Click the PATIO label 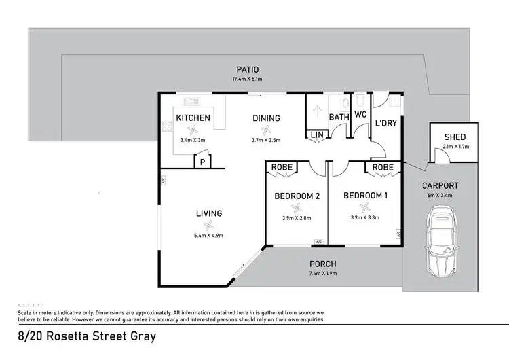248,69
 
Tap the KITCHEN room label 193,118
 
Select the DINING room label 266,118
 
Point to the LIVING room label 210,213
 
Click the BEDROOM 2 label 297,196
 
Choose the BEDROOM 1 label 365,196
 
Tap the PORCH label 323,264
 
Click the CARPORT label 440,185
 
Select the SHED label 455,137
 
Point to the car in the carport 441,243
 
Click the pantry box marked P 202,162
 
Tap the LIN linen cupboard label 316,134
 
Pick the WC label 360,114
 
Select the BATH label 339,118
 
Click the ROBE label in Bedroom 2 281,167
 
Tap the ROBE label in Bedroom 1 383,167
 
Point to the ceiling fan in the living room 210,226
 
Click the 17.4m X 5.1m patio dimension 248,79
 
